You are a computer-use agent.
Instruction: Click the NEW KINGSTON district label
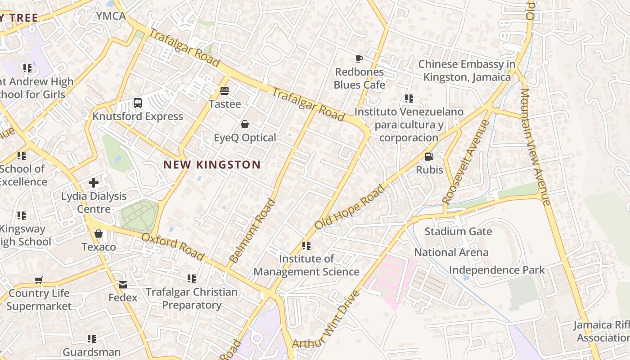pyautogui.click(x=212, y=165)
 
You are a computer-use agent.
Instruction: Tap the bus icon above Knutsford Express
pyautogui.click(x=138, y=103)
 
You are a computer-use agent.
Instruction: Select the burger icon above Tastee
pyautogui.click(x=225, y=91)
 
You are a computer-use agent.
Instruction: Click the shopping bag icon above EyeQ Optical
pyautogui.click(x=245, y=124)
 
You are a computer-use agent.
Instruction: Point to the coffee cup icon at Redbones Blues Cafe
pyautogui.click(x=359, y=58)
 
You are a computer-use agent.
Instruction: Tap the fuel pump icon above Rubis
pyautogui.click(x=429, y=157)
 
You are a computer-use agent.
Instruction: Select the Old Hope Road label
pyautogui.click(x=350, y=207)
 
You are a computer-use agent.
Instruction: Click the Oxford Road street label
pyautogui.click(x=173, y=246)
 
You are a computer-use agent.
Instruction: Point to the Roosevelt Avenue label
pyautogui.click(x=466, y=162)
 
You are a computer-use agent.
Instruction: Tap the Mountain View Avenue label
pyautogui.click(x=535, y=146)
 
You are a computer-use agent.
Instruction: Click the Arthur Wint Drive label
pyautogui.click(x=326, y=319)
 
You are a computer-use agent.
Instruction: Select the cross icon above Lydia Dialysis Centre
pyautogui.click(x=94, y=183)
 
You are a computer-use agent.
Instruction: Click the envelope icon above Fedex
pyautogui.click(x=123, y=285)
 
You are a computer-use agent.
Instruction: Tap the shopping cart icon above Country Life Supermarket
pyautogui.click(x=39, y=280)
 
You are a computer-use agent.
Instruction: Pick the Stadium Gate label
pyautogui.click(x=458, y=232)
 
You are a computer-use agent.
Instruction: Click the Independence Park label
pyautogui.click(x=497, y=270)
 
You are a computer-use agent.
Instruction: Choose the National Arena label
pyautogui.click(x=451, y=252)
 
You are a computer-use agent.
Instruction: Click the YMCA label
pyautogui.click(x=111, y=16)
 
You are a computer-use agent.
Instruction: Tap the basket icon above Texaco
pyautogui.click(x=99, y=234)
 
